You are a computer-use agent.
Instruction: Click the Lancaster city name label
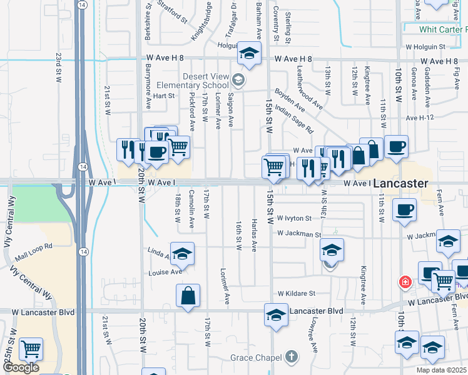pos(400,184)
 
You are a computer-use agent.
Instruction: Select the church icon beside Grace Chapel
pos(290,356)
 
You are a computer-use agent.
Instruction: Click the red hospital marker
pos(405,282)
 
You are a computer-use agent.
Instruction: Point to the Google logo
pos(20,367)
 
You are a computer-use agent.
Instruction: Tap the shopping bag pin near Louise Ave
pos(188,296)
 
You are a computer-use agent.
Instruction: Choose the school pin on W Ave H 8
pos(248,54)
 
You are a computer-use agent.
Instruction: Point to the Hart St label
pos(163,96)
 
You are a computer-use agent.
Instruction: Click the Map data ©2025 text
pos(440,370)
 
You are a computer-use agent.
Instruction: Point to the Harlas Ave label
pos(254,235)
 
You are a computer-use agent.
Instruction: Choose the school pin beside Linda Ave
pos(182,253)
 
